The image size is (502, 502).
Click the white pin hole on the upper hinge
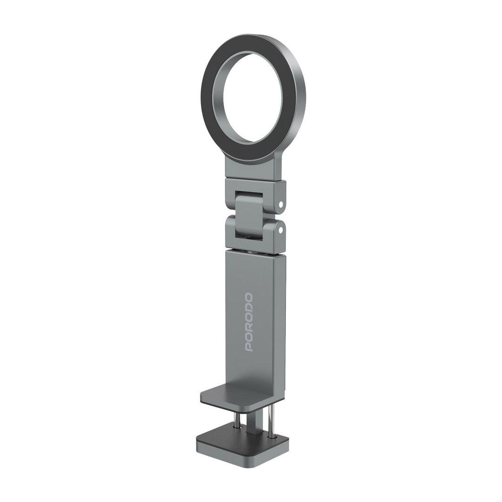pyautogui.click(x=281, y=204)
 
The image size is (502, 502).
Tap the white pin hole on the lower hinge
pyautogui.click(x=281, y=230)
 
